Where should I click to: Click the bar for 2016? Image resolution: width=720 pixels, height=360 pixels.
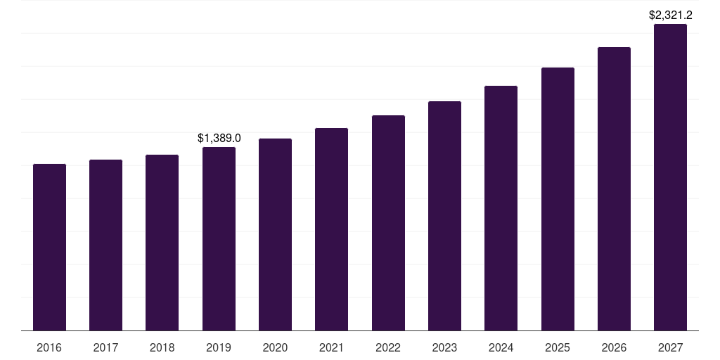49,247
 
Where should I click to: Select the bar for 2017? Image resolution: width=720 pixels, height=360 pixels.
105,245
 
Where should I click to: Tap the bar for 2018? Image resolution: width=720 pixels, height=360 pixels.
162,243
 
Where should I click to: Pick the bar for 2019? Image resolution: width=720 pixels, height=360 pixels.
219,238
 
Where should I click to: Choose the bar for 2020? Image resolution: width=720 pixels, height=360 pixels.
275,234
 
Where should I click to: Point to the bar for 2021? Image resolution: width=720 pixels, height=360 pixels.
331,229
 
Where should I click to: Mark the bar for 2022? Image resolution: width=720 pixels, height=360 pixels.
388,223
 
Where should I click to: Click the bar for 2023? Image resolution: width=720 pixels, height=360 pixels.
444,216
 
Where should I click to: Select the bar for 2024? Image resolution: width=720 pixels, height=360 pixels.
501,208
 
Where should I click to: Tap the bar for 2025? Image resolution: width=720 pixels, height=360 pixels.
558,199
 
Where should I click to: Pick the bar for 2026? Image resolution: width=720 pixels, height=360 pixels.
614,188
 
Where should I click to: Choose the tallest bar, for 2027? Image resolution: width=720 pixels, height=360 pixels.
670,177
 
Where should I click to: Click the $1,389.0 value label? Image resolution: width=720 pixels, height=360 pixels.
219,139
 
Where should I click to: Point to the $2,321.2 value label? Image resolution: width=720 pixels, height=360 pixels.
670,15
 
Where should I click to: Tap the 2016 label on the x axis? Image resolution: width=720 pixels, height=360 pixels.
49,348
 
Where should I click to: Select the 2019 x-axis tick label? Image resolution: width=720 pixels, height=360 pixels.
219,348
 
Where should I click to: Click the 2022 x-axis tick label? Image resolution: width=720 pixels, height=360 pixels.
388,348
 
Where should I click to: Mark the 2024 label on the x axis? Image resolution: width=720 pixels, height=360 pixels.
501,348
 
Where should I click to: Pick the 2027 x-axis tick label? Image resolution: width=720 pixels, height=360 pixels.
670,348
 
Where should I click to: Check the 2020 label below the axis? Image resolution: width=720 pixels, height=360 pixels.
275,348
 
